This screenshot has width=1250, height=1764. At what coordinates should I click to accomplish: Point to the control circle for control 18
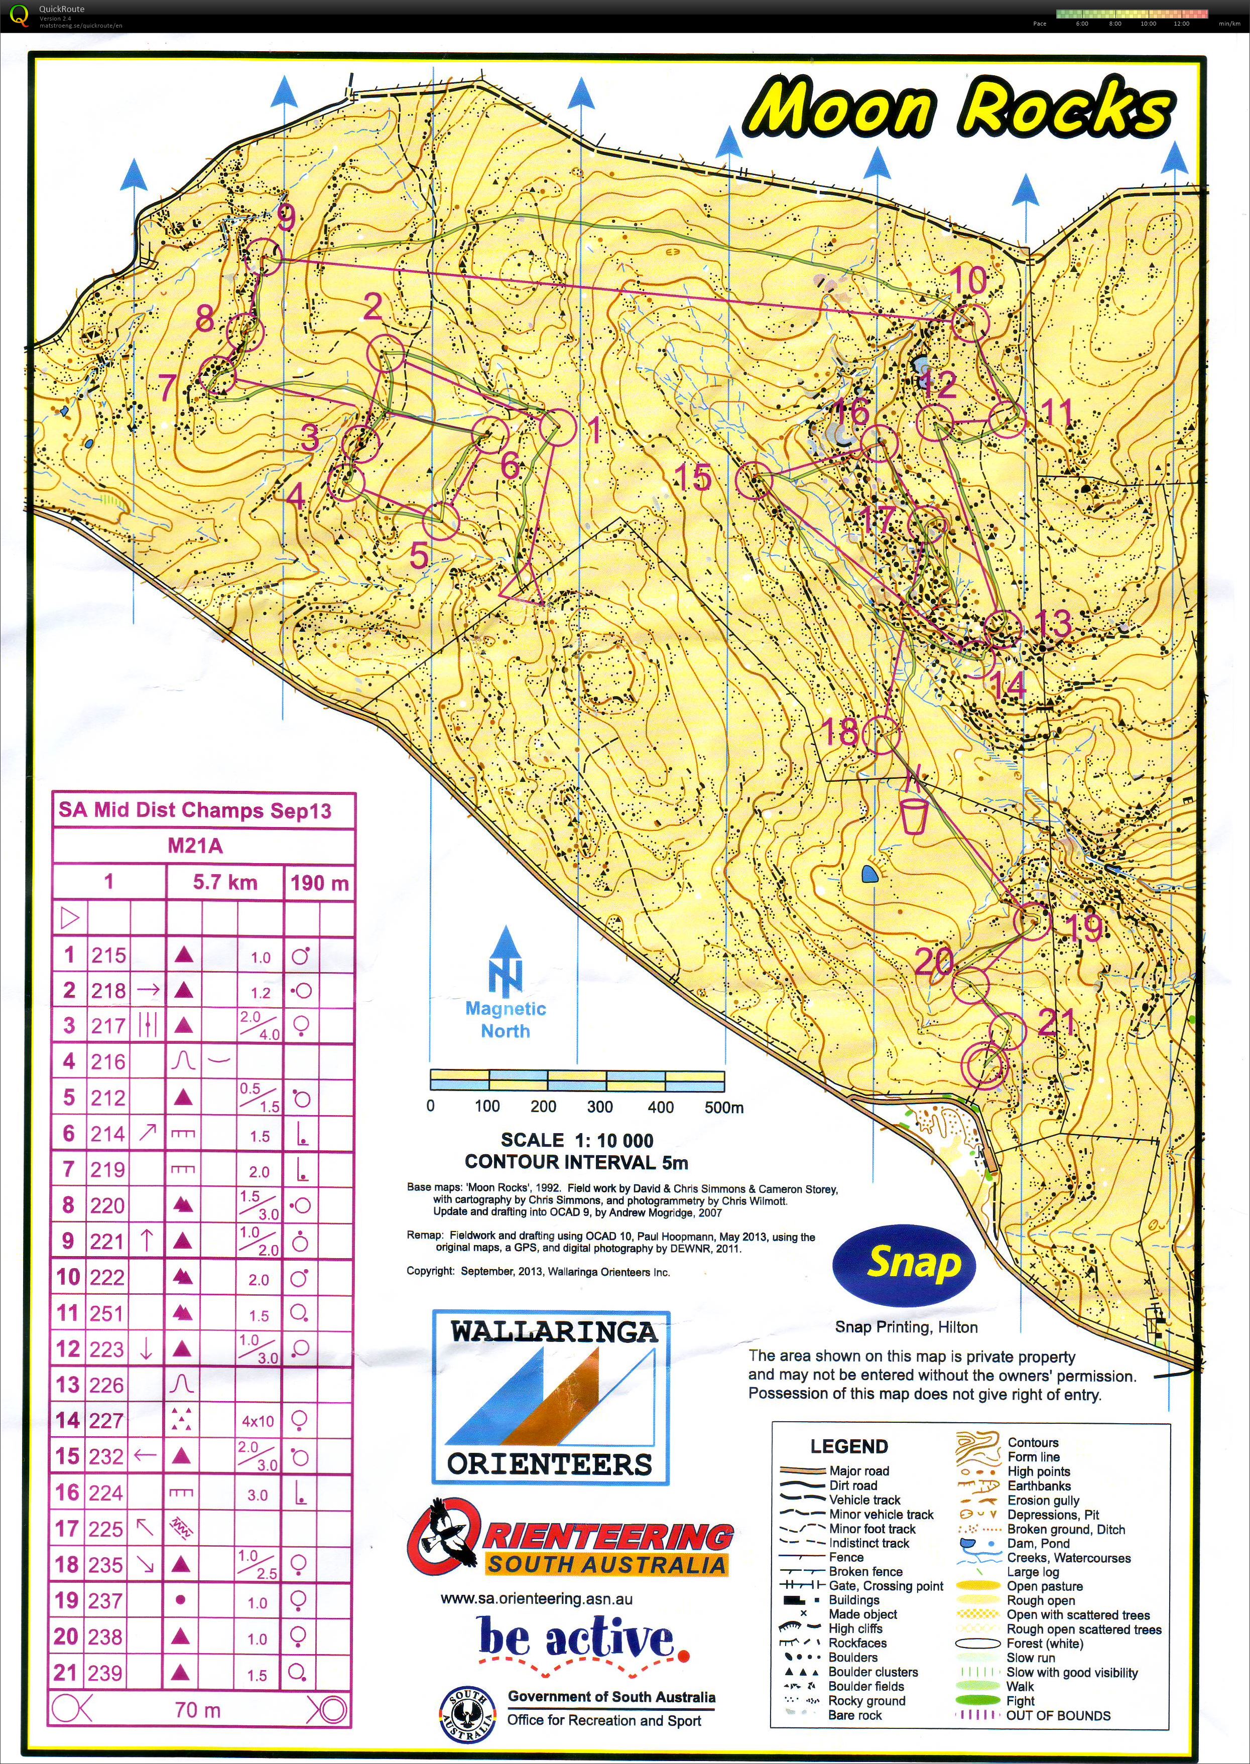point(881,734)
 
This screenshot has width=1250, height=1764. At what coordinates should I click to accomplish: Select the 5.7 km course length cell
point(225,882)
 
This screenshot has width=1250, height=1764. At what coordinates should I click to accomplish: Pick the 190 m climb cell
point(319,882)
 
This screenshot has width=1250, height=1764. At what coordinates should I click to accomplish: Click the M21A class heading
point(195,846)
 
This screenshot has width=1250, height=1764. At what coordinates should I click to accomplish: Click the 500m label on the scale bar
point(723,1107)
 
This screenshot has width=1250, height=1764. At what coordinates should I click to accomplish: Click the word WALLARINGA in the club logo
point(553,1330)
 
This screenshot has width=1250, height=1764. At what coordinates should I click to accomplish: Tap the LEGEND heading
point(849,1446)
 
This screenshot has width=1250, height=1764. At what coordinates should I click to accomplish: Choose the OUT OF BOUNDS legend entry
point(1058,1715)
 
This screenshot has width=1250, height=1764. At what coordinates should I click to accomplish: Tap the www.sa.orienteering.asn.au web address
point(537,1598)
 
